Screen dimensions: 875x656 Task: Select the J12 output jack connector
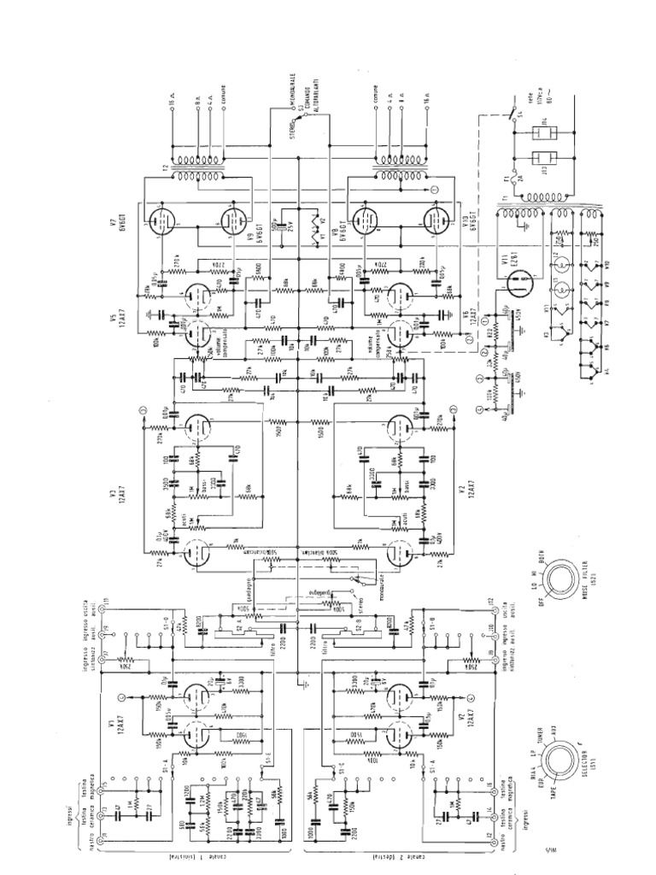pos(493,605)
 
